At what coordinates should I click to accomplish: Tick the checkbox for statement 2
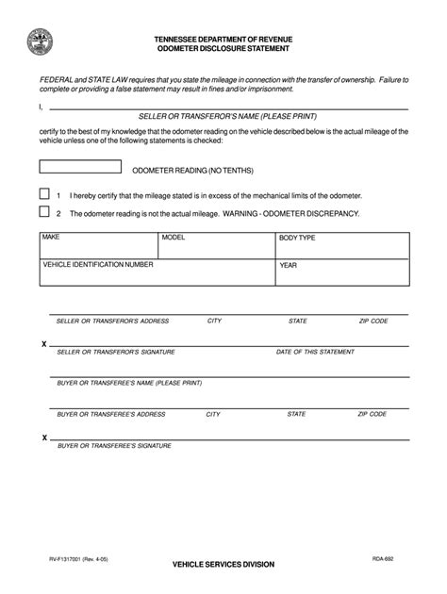pyautogui.click(x=44, y=214)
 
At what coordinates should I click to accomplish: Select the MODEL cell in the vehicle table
pyautogui.click(x=216, y=246)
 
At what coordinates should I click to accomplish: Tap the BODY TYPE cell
pyautogui.click(x=341, y=246)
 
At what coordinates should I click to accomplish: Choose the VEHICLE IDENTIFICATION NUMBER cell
pyautogui.click(x=157, y=272)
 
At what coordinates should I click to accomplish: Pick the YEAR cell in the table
pyautogui.click(x=341, y=272)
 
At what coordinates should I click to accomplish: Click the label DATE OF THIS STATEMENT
pyautogui.click(x=316, y=352)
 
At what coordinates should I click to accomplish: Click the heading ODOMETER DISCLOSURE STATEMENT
pyautogui.click(x=223, y=48)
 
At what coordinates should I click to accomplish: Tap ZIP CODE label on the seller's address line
pyautogui.click(x=373, y=322)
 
